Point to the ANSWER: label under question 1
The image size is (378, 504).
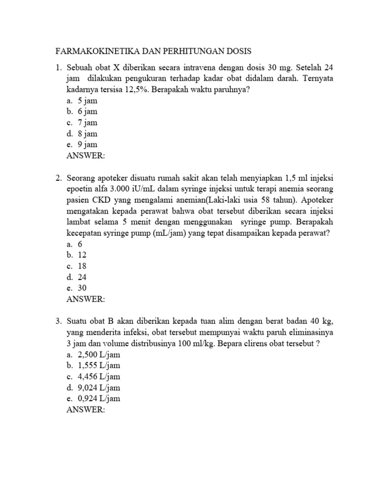tap(85, 156)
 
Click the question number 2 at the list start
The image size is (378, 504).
tap(57, 178)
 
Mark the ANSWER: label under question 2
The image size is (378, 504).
tap(85, 299)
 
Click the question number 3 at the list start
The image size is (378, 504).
tap(57, 321)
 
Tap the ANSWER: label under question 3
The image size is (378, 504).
tap(85, 409)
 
